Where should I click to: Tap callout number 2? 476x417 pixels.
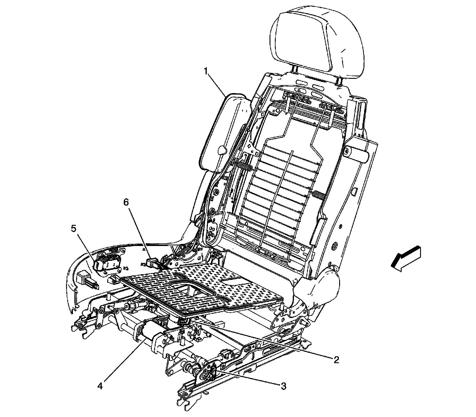point(336,360)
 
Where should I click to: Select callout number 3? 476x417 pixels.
point(283,386)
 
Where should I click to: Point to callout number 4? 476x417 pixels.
point(100,386)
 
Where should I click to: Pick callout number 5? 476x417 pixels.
point(73,229)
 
